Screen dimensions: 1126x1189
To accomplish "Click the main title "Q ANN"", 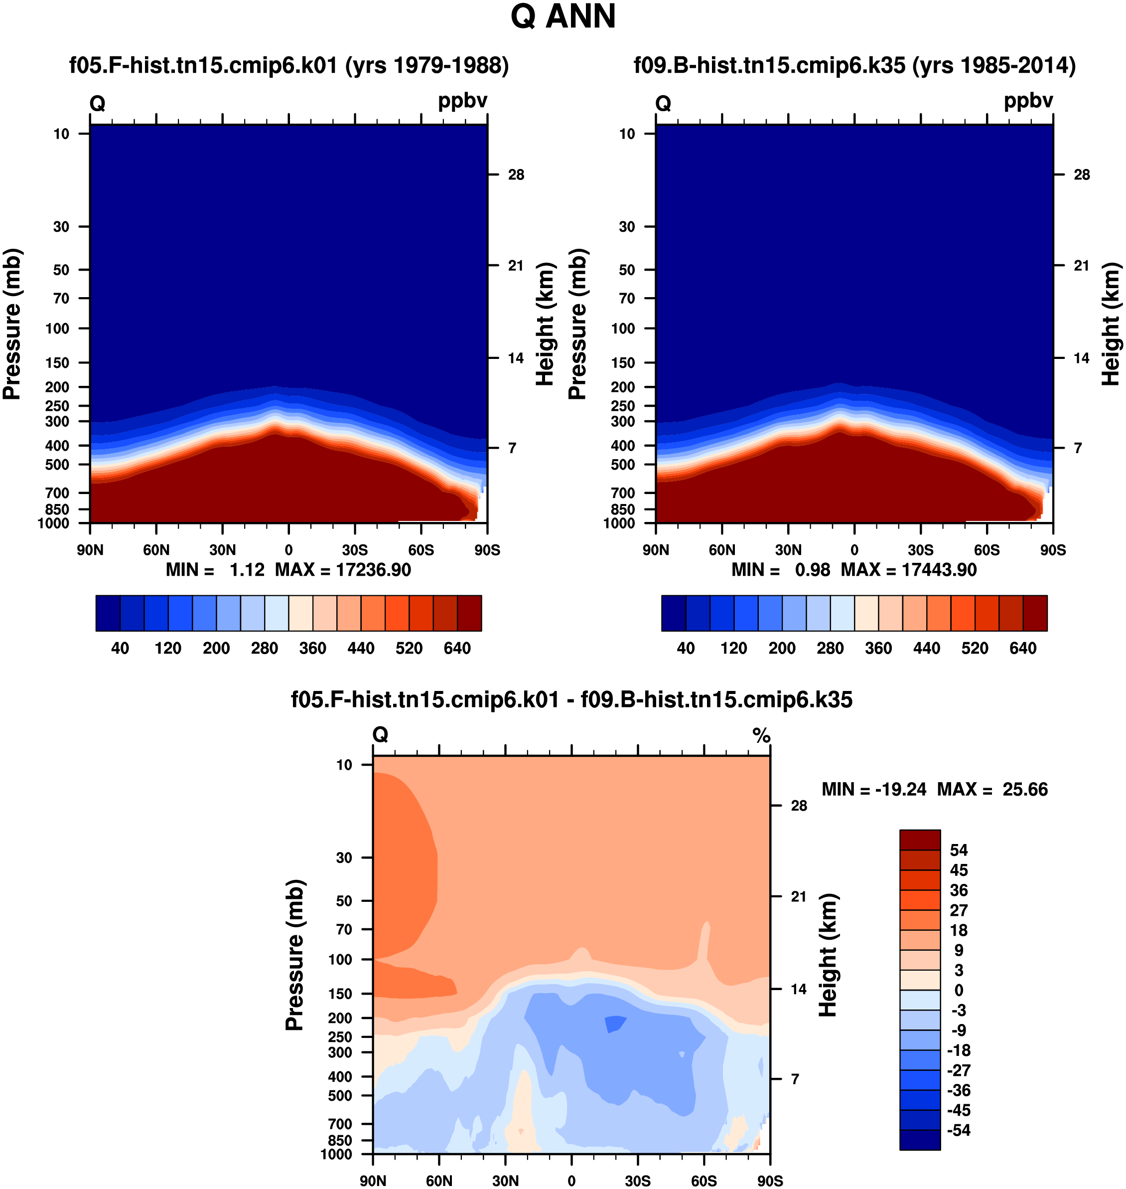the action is (x=563, y=16).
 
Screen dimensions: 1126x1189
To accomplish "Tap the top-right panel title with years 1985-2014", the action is (x=854, y=65).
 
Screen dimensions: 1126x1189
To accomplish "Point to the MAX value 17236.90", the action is (x=373, y=570).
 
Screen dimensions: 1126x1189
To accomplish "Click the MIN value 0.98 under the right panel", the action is (x=813, y=570).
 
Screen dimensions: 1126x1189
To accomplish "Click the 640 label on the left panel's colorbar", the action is (x=457, y=649).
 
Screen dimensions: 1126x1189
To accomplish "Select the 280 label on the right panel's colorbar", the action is (x=831, y=649).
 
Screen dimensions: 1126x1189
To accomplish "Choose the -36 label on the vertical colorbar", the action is (x=959, y=1090).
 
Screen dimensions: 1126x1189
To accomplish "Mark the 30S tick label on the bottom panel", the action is (x=637, y=1181).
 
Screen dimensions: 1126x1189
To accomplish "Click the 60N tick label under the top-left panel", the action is (x=156, y=550).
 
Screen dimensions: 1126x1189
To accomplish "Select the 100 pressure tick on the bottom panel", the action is (x=340, y=960).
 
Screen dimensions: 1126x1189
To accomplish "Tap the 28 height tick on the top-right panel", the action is (x=1082, y=175).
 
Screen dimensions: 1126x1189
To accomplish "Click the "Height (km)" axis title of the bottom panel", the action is (x=828, y=955).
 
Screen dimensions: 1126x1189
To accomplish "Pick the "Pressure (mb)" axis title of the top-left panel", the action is (x=12, y=324).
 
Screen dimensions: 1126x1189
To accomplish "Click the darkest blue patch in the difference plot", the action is (x=615, y=1023).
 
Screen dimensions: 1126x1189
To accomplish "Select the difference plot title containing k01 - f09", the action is (x=571, y=699).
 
